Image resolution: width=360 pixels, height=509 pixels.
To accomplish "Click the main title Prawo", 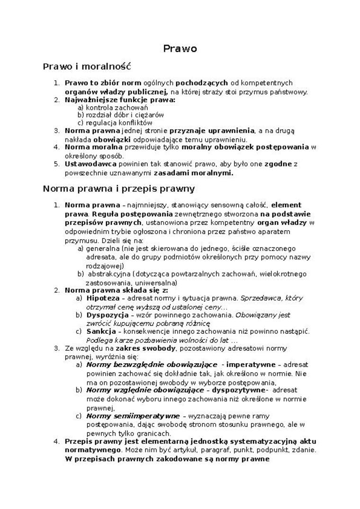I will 180,48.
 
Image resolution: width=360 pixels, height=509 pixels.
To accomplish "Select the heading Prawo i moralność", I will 87,66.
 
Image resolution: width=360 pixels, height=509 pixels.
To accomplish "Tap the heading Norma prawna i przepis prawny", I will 118,188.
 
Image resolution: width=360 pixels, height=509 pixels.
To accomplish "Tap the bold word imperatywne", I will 249,365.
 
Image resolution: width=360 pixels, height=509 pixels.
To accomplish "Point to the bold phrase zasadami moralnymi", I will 193,172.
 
